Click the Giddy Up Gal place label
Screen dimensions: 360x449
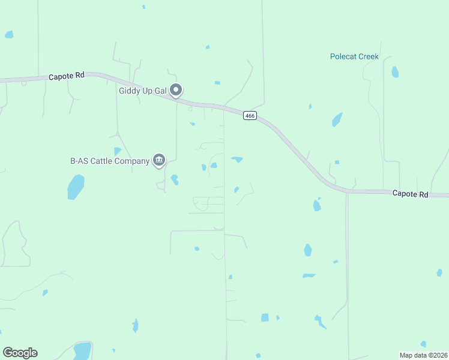tap(141, 91)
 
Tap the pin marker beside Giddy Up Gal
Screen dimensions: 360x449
tap(176, 90)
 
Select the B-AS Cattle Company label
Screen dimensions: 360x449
tap(109, 160)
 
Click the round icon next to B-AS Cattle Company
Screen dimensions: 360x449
tap(159, 160)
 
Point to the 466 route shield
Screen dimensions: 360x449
tap(250, 115)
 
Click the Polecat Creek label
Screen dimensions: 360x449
tap(354, 56)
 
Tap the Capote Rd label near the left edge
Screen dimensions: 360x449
tap(66, 76)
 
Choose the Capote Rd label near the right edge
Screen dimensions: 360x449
tap(410, 194)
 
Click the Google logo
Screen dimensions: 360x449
tap(20, 353)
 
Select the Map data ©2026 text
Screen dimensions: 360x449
tap(423, 355)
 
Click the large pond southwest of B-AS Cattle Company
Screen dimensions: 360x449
tap(76, 187)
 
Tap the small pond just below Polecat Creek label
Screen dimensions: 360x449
tap(394, 72)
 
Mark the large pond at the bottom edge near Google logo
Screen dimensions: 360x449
tap(82, 351)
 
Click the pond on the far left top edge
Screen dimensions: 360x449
tap(9, 35)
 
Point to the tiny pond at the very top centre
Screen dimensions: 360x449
tap(144, 7)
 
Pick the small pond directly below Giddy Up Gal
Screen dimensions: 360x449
tap(192, 124)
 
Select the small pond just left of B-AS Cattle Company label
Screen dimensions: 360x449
tap(117, 151)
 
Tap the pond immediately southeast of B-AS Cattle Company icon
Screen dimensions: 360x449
tap(175, 179)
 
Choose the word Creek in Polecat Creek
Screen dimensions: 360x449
tap(367, 56)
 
